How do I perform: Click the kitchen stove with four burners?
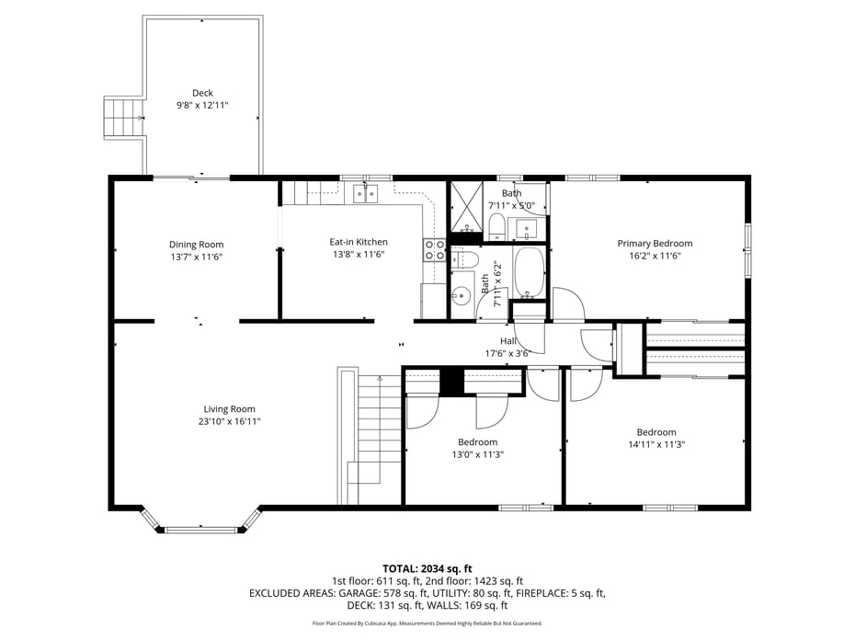coord(434,250)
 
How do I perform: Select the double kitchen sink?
coord(365,193)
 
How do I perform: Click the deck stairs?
coord(122,117)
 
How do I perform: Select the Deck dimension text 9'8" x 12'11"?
coord(202,106)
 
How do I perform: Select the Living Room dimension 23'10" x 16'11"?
coord(230,421)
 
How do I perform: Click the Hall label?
coord(507,341)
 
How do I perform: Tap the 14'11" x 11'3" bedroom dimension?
coord(656,444)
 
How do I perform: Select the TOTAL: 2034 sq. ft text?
coord(427,568)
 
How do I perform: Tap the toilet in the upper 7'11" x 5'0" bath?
coord(495,226)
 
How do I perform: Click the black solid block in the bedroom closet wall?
coord(451,381)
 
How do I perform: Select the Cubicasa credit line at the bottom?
coord(427,624)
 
